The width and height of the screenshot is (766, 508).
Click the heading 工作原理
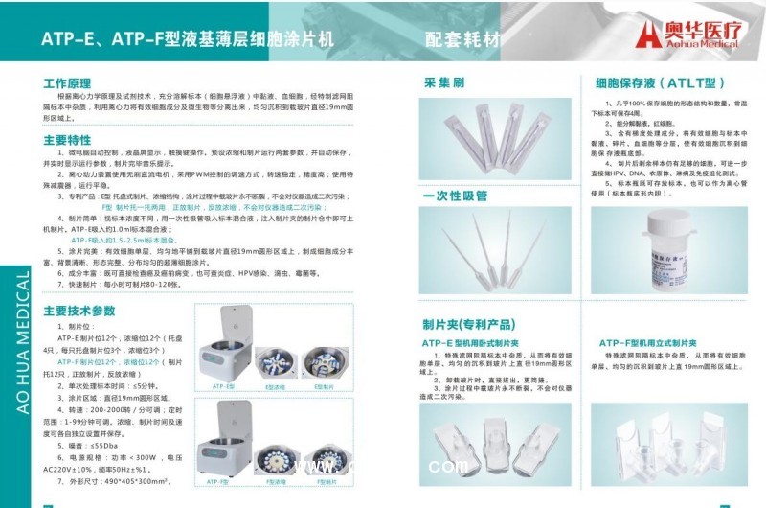[67, 83]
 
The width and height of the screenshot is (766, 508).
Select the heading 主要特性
[67, 141]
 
